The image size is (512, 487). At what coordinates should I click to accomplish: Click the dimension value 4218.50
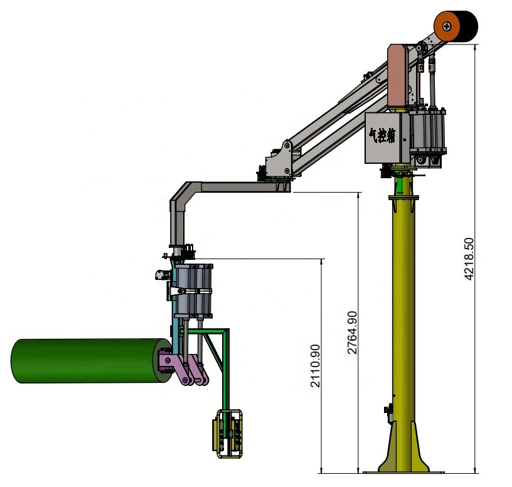coord(469,259)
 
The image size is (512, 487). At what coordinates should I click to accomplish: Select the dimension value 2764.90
coord(353,333)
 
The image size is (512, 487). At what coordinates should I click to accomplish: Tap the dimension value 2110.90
coord(315,366)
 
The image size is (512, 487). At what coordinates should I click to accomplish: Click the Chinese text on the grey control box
coord(382,135)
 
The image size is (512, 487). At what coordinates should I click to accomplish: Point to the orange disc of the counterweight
coord(447,26)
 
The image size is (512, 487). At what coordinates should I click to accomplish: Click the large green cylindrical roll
coord(88,361)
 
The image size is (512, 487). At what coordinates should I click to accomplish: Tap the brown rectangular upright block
coord(398,76)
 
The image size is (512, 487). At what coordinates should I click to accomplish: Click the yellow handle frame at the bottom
coord(228,434)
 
